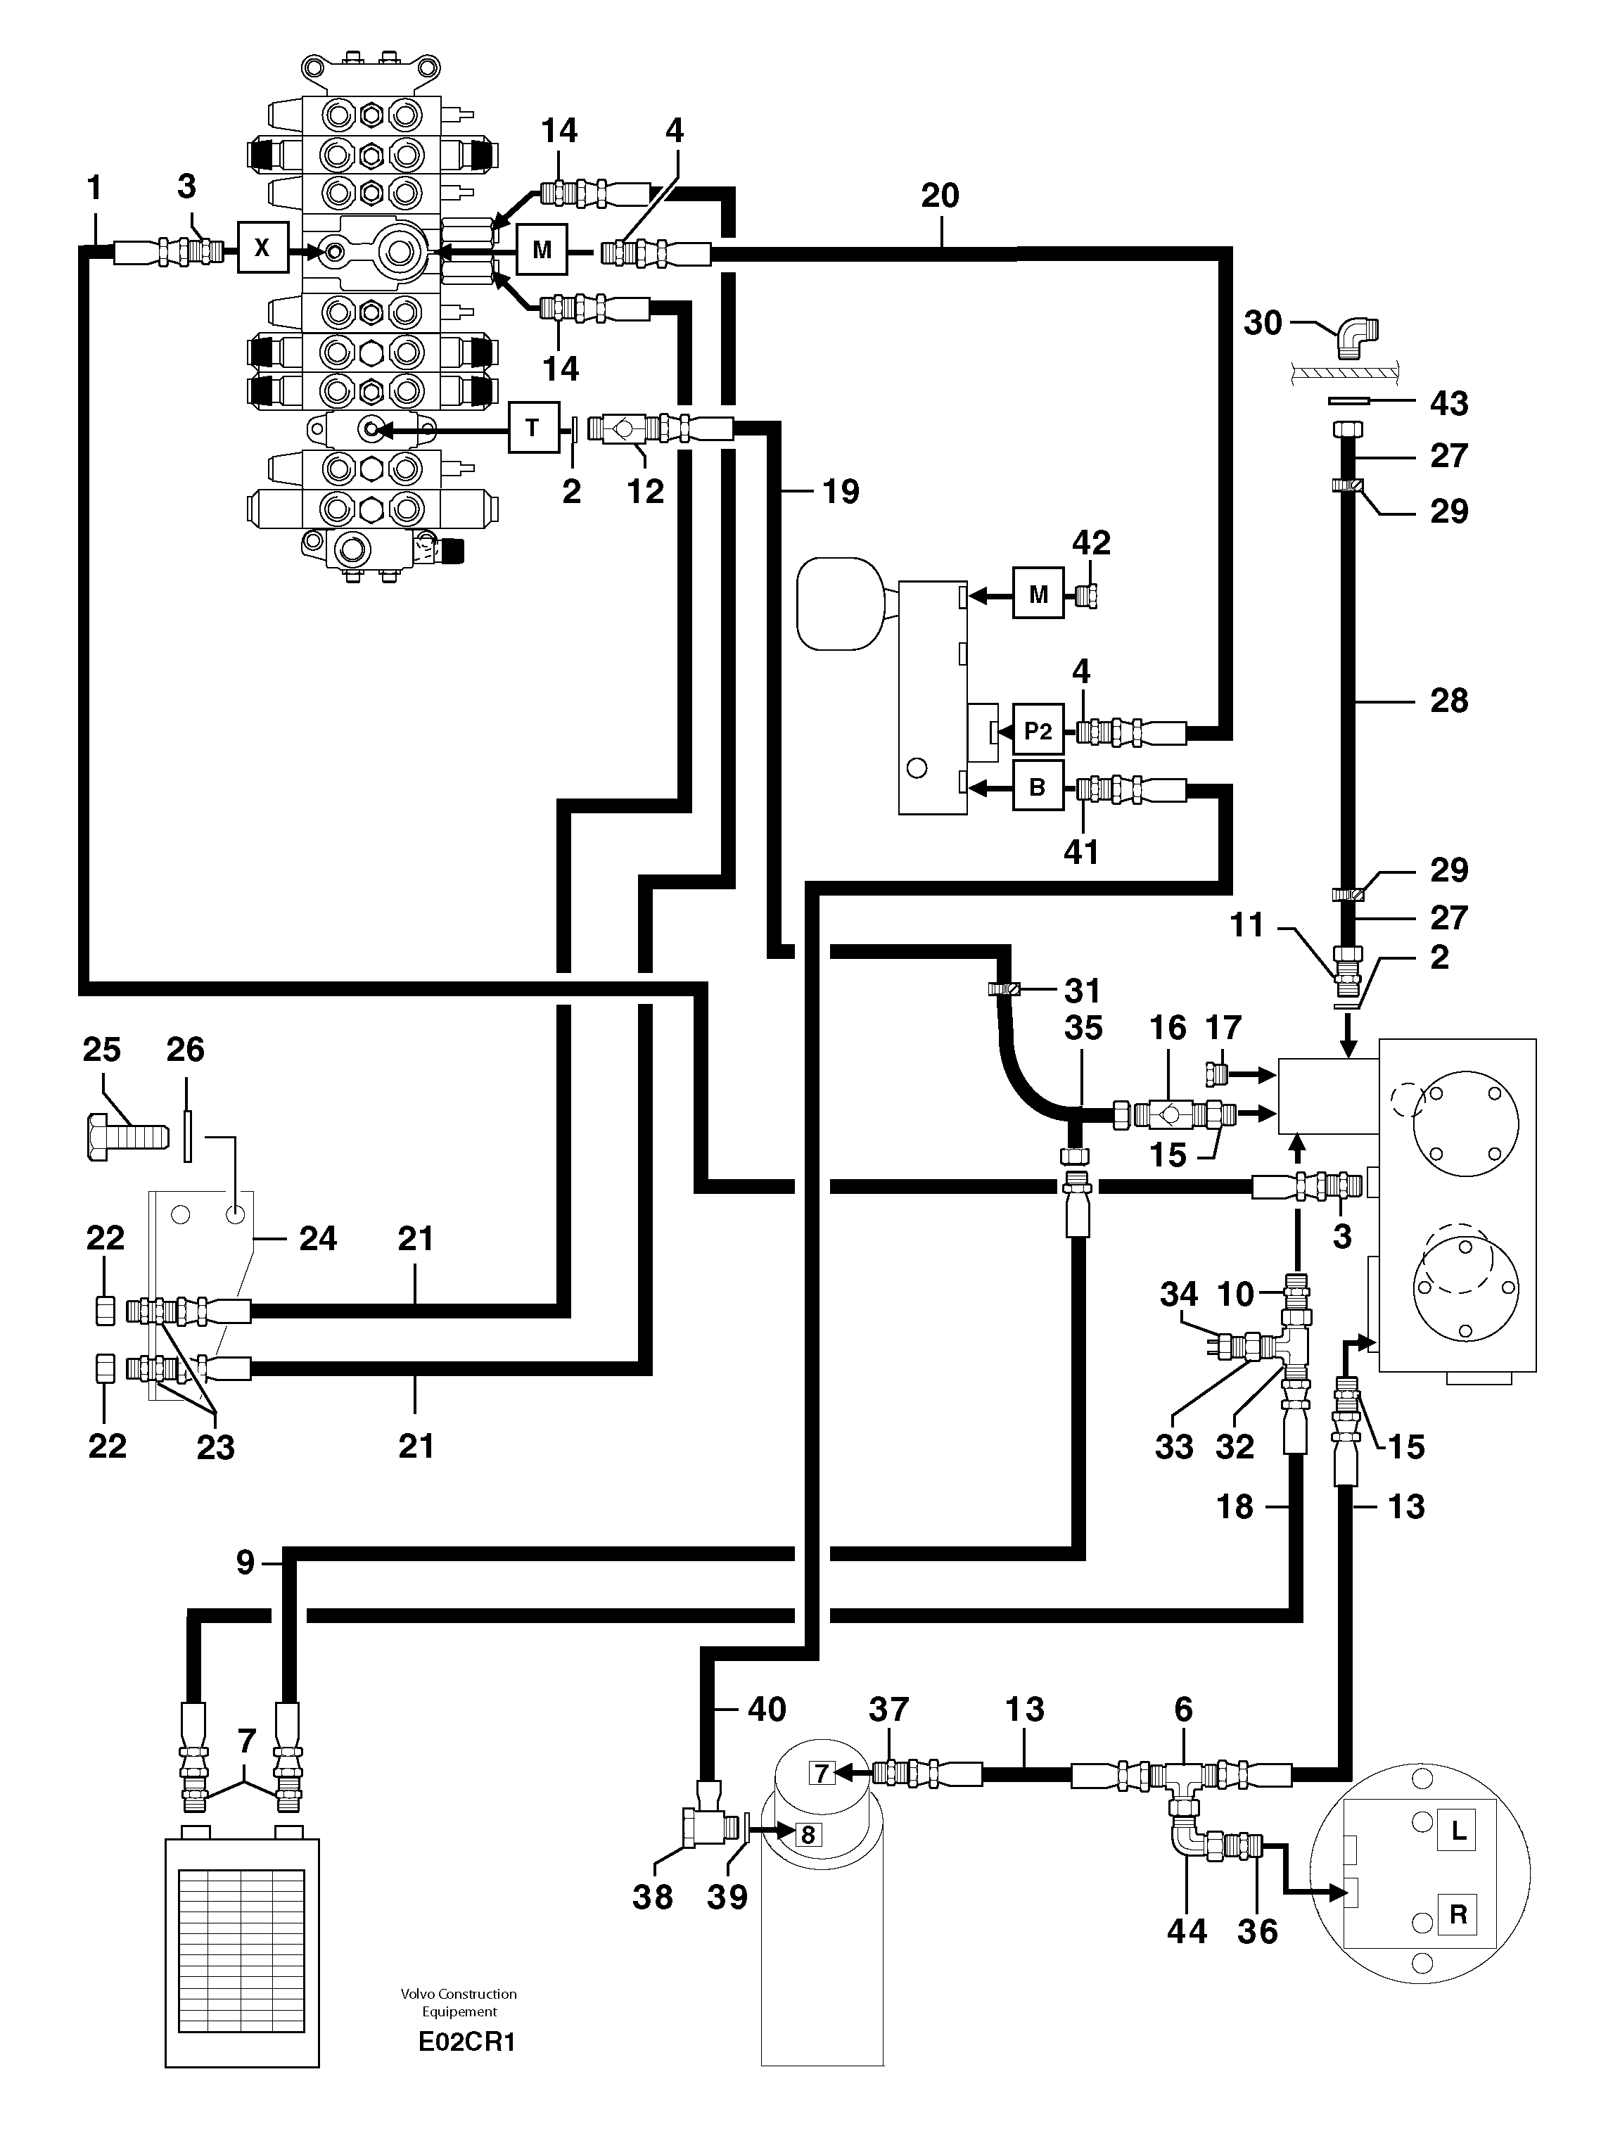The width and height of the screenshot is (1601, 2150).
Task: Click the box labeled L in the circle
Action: pos(1458,1832)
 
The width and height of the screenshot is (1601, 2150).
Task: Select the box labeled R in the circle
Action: pos(1458,1914)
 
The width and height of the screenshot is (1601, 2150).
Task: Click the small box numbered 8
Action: pos(808,1834)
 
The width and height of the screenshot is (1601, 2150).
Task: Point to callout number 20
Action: pos(939,196)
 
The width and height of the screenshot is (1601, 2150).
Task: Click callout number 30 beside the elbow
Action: pos(1262,323)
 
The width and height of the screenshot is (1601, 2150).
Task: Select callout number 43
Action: pos(1449,403)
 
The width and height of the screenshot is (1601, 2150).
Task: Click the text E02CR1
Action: pos(466,2042)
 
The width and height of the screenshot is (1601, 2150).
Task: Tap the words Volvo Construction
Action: pos(459,1993)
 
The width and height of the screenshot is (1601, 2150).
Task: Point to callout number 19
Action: pos(840,492)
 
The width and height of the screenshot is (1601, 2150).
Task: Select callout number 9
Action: pos(245,1562)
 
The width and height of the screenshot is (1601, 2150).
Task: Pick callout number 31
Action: pos(1083,991)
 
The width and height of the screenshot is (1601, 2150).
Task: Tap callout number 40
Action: pos(767,1709)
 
